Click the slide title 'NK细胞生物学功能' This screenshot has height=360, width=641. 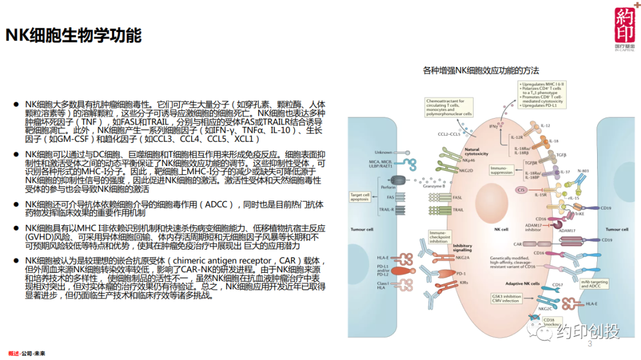pos(74,36)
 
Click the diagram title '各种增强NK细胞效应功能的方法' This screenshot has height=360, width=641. pos(481,70)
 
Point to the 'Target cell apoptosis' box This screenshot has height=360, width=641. pos(360,196)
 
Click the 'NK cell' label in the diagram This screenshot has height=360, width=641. pos(501,229)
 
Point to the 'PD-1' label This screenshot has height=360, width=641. pos(461,273)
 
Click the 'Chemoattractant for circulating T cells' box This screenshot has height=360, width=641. pos(449,107)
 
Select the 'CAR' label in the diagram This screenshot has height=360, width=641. pos(518,243)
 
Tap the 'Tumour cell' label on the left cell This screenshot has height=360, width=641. pos(360,229)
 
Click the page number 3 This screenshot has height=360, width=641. pos(590,345)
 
